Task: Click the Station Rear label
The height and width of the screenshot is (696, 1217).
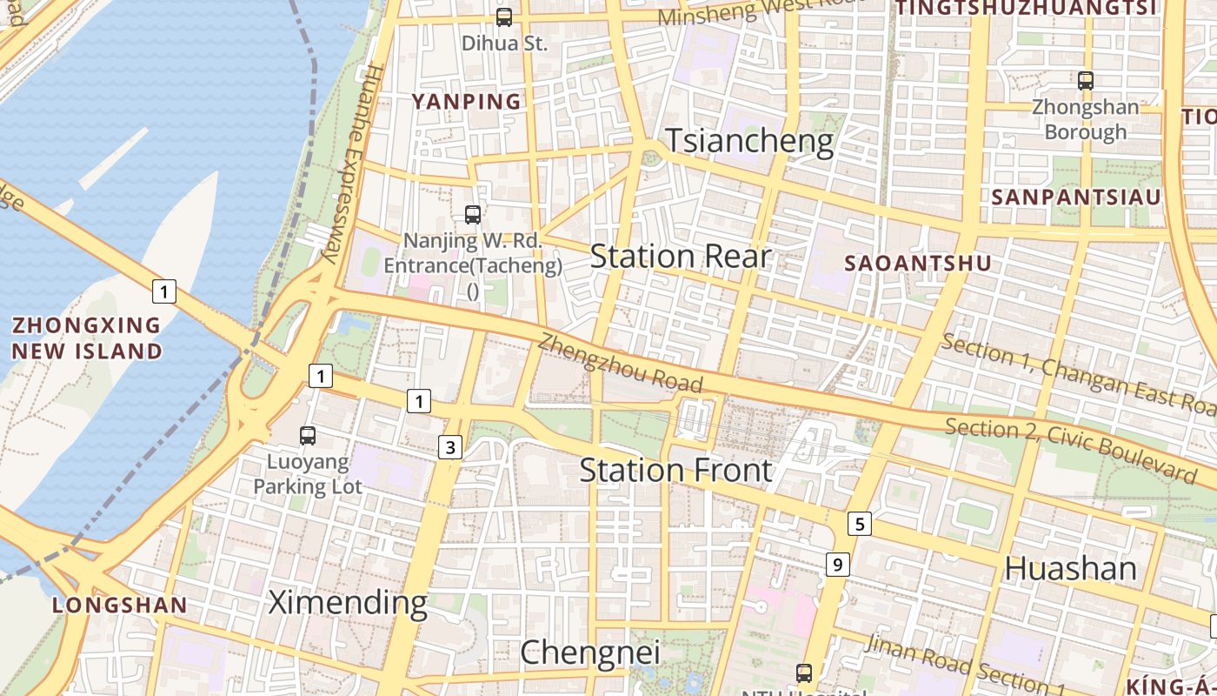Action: click(x=681, y=257)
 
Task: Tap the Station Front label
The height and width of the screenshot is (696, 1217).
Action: click(x=675, y=471)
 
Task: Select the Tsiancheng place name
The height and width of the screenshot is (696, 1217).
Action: click(x=749, y=141)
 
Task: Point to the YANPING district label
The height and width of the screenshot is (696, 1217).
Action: click(x=466, y=102)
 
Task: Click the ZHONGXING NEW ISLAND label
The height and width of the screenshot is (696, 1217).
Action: click(x=87, y=338)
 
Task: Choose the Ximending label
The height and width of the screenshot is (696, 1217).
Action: click(x=348, y=602)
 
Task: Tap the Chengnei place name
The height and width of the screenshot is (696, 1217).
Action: click(x=590, y=652)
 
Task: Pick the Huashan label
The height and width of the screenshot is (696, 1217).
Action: click(x=1070, y=569)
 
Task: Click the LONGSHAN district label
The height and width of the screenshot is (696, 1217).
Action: click(x=119, y=606)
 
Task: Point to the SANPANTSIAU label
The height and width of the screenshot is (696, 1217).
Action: click(x=1076, y=197)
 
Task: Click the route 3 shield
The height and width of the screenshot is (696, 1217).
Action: click(x=449, y=448)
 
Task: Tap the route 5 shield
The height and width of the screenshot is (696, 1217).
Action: click(x=860, y=524)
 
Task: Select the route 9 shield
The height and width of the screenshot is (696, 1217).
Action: click(x=836, y=565)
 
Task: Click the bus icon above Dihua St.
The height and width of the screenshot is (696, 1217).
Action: click(x=504, y=17)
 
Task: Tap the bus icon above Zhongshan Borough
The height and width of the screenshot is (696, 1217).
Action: click(x=1085, y=81)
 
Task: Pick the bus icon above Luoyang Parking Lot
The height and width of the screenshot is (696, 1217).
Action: click(x=308, y=436)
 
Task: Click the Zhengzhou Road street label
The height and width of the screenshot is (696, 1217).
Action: click(x=620, y=363)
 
